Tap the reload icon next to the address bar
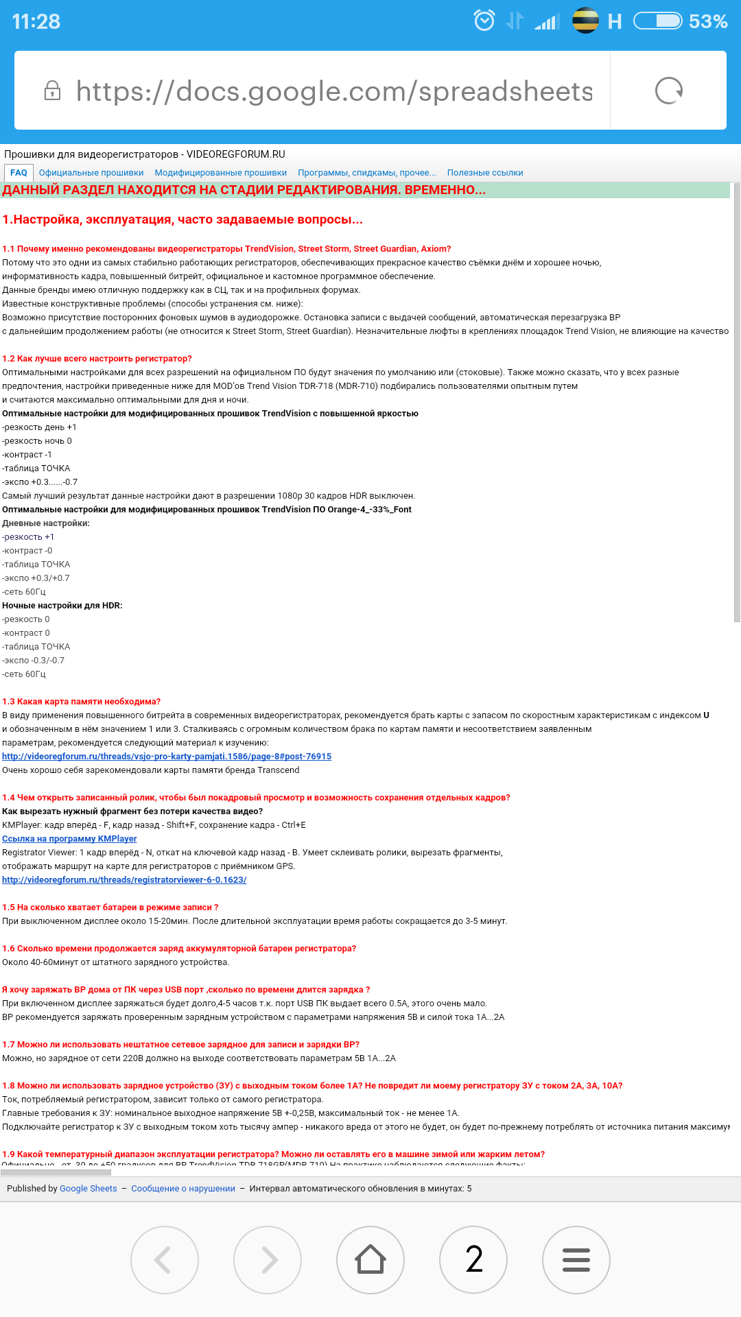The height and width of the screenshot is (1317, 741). (x=668, y=91)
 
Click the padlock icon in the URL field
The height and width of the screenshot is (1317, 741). (x=52, y=91)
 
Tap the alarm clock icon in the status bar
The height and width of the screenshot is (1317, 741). (x=484, y=21)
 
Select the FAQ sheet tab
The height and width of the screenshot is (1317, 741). (x=19, y=173)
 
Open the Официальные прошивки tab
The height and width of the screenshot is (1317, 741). (x=91, y=173)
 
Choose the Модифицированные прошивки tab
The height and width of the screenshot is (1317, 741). (x=220, y=173)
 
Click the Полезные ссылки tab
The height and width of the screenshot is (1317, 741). (x=485, y=173)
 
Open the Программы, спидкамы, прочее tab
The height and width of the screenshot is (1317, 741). (x=366, y=173)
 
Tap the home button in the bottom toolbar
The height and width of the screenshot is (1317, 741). (x=370, y=1259)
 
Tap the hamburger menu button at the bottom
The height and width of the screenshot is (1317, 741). (x=576, y=1259)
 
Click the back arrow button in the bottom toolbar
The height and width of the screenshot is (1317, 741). (x=165, y=1259)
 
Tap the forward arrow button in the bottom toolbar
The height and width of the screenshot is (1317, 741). (x=268, y=1259)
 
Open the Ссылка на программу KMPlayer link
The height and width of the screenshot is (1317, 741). (x=69, y=839)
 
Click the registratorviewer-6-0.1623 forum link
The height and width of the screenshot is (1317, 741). (x=124, y=880)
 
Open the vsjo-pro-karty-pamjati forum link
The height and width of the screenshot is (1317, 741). (x=167, y=757)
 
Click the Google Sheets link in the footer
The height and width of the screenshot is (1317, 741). (x=88, y=1189)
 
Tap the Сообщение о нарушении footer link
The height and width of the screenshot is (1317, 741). (x=183, y=1189)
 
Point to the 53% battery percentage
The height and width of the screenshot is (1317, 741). (x=707, y=22)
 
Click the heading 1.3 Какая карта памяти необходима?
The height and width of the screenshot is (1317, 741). (x=81, y=702)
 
